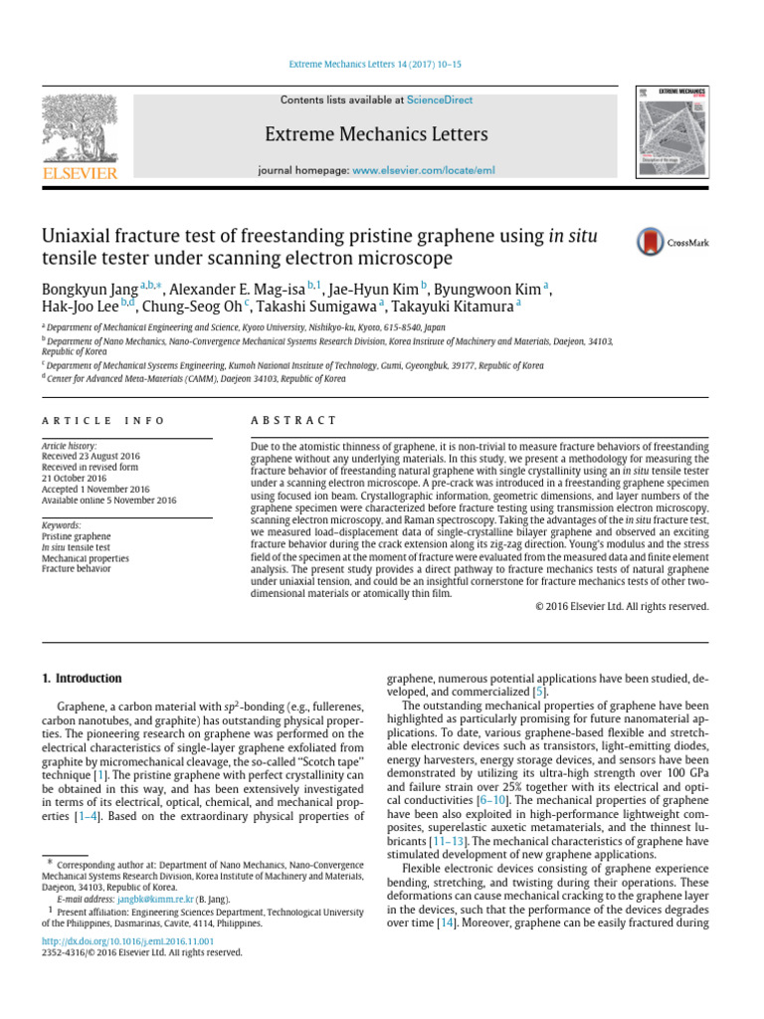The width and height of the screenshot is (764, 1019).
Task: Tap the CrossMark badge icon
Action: pyautogui.click(x=651, y=241)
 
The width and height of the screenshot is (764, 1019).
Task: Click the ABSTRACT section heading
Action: pyautogui.click(x=295, y=421)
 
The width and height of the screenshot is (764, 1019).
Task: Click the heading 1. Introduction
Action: pyautogui.click(x=82, y=679)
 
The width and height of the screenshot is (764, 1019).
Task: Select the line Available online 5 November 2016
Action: pyautogui.click(x=108, y=500)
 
